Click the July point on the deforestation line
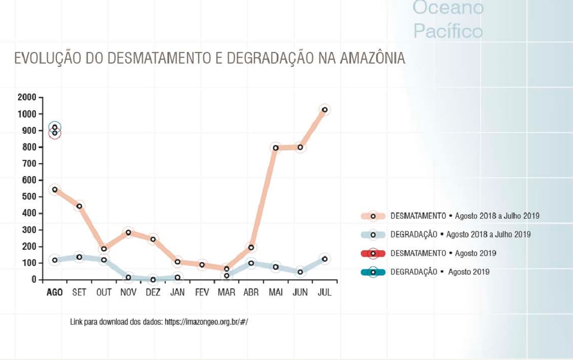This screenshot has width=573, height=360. pos(325,110)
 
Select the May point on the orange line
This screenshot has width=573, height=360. pos(276,148)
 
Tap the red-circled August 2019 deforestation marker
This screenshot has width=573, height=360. pos(55,133)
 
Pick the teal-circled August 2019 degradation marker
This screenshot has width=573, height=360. pos(55,127)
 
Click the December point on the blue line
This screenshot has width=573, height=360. pos(153,279)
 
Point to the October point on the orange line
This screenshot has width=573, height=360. pos(104,249)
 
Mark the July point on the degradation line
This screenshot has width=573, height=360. pos(325,259)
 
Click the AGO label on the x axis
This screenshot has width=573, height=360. pos(54,292)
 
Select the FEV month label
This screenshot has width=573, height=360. pos(202,292)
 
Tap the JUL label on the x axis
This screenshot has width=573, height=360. pos(325,292)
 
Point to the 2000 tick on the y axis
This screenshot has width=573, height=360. pos(27,97)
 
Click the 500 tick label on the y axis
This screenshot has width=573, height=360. pos(29,197)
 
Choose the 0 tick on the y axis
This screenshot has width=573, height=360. pos(34,279)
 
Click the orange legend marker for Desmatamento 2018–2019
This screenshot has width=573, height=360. pos(373,216)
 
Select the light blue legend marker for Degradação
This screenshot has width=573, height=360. pos(373,234)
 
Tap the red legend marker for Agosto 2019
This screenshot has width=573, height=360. pos(373,253)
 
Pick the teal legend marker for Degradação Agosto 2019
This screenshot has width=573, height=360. pos(373,272)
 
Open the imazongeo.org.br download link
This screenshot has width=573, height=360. pos(206,322)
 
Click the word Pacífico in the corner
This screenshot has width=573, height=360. pos(448,32)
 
